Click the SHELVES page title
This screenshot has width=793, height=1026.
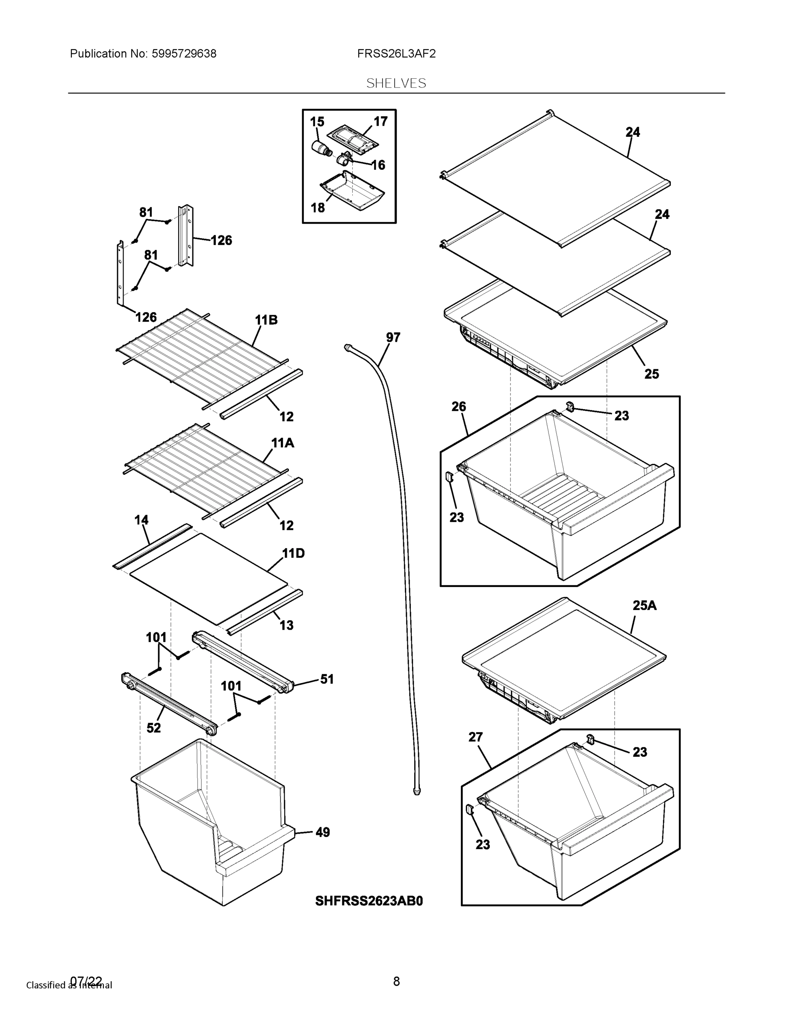point(396,83)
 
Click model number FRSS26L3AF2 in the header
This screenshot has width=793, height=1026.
point(396,53)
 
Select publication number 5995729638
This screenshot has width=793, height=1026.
point(184,53)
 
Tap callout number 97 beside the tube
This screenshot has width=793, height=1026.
point(393,337)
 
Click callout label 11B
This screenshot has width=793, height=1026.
point(266,320)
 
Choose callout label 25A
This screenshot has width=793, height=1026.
point(644,605)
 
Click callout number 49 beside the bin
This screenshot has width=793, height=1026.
point(322,832)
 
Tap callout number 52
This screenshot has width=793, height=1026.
point(153,728)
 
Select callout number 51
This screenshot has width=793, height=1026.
point(327,679)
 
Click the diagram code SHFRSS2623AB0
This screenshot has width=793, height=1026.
point(369,901)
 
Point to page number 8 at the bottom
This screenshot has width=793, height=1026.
point(396,981)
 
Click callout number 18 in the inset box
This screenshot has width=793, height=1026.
point(318,207)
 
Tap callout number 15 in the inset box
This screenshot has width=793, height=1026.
point(317,122)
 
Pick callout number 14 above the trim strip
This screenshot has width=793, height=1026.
point(142,519)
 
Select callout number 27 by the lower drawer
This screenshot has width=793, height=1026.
point(475,737)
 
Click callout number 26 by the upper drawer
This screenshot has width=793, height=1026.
point(459,407)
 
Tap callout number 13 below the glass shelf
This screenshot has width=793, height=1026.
point(286,625)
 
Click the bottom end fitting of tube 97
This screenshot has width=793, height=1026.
point(416,792)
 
